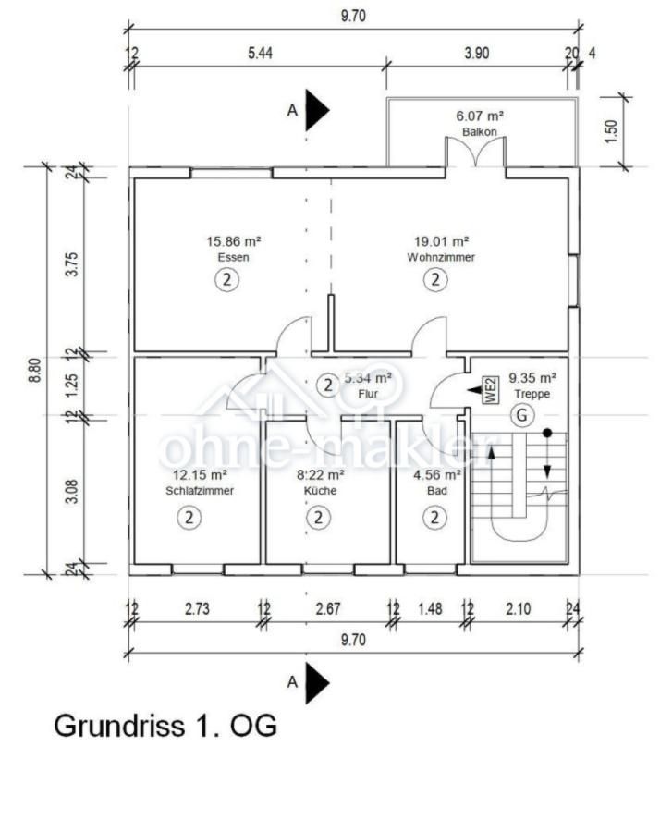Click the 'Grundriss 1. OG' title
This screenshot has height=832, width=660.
(x=165, y=726)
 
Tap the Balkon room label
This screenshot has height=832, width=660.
(x=480, y=131)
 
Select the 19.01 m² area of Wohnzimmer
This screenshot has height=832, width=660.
(x=442, y=241)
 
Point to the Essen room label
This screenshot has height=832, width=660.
(x=234, y=257)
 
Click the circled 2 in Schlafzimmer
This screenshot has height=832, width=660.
(x=189, y=517)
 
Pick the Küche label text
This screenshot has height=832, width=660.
(x=320, y=490)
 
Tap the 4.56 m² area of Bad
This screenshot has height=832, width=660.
(x=437, y=474)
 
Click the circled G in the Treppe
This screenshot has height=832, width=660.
(x=522, y=415)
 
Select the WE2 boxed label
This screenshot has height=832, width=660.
(x=491, y=390)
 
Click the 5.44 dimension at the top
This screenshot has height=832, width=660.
(x=260, y=53)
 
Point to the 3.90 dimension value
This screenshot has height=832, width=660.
(x=476, y=53)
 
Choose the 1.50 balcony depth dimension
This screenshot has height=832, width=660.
(x=611, y=131)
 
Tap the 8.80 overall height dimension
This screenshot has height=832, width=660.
(x=34, y=371)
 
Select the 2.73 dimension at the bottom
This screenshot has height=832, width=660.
(x=198, y=608)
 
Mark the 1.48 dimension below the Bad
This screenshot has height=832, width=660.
(x=430, y=608)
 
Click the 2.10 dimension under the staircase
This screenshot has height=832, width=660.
(x=519, y=608)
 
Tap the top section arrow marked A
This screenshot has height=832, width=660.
(x=317, y=110)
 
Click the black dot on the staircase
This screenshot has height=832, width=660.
(x=547, y=434)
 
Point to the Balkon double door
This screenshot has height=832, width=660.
(x=476, y=153)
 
